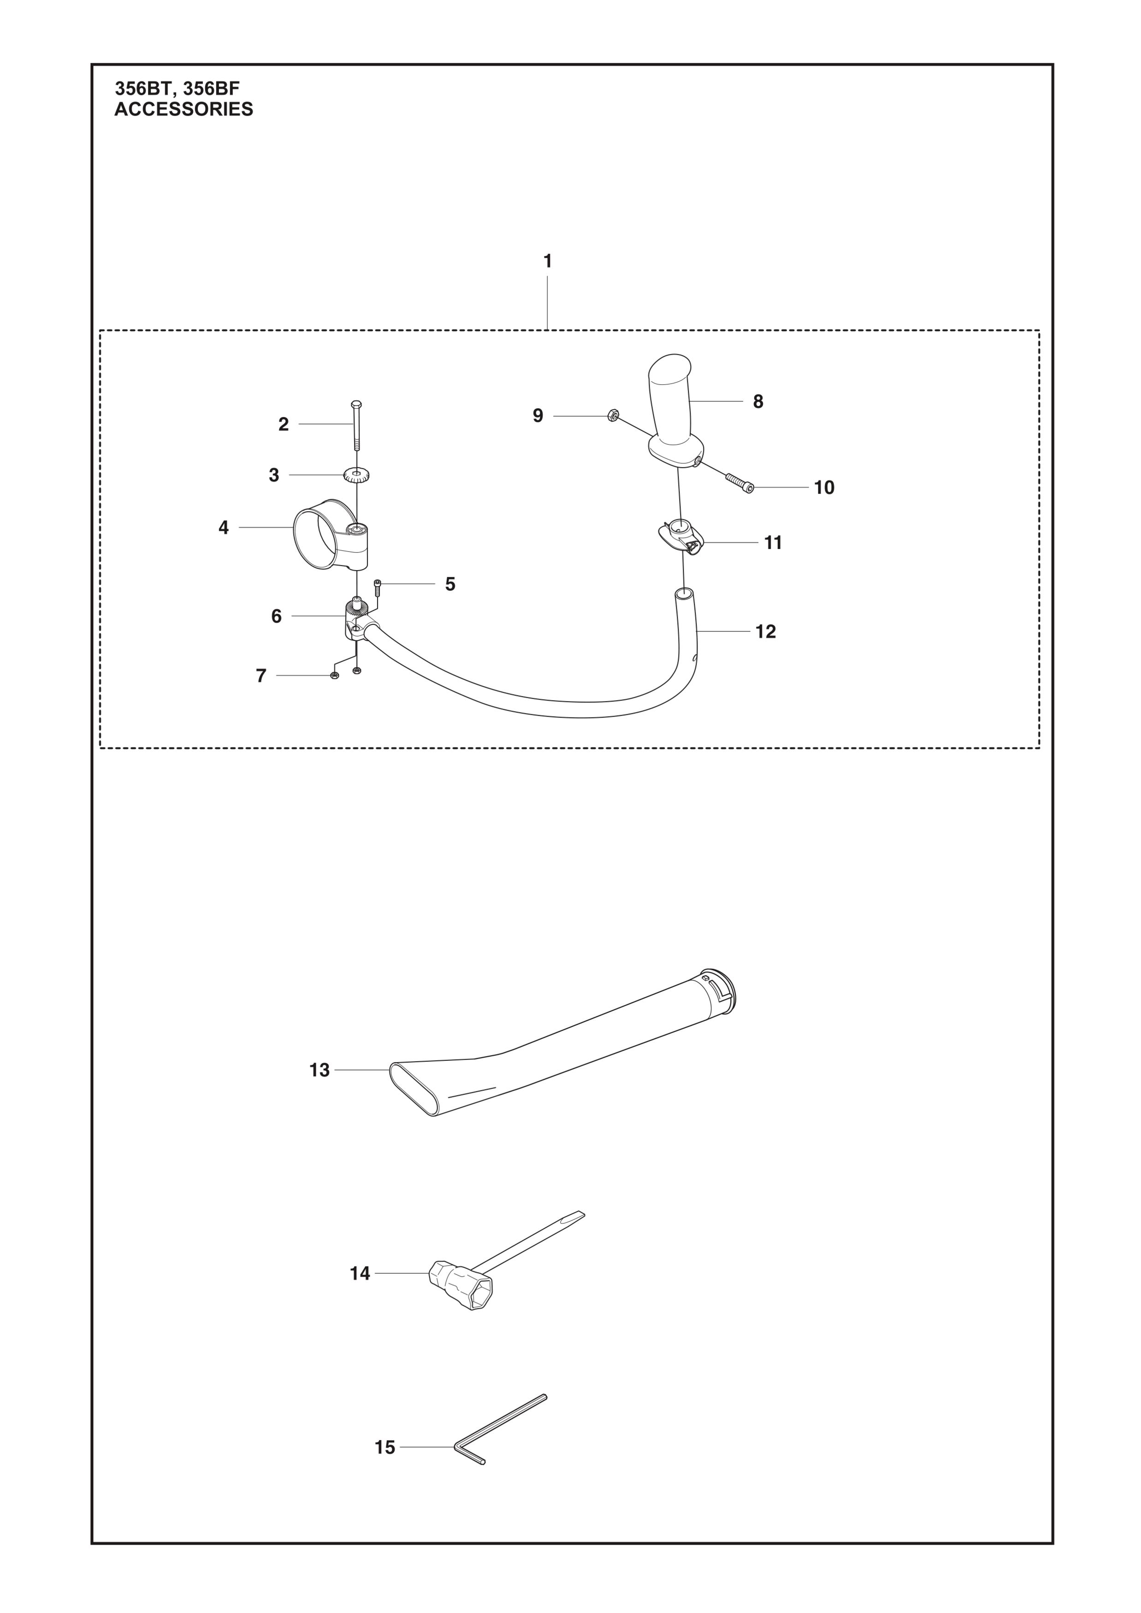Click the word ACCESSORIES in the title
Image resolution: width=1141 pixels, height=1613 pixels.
[x=183, y=110]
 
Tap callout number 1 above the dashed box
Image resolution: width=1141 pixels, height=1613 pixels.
[x=547, y=261]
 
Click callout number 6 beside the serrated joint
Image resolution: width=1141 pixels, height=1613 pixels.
[x=276, y=616]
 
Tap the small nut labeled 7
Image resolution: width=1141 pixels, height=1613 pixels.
[x=334, y=676]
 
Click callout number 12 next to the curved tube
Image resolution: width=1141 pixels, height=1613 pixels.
[x=766, y=631]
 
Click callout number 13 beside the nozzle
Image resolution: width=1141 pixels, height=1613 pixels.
[x=319, y=1070]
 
